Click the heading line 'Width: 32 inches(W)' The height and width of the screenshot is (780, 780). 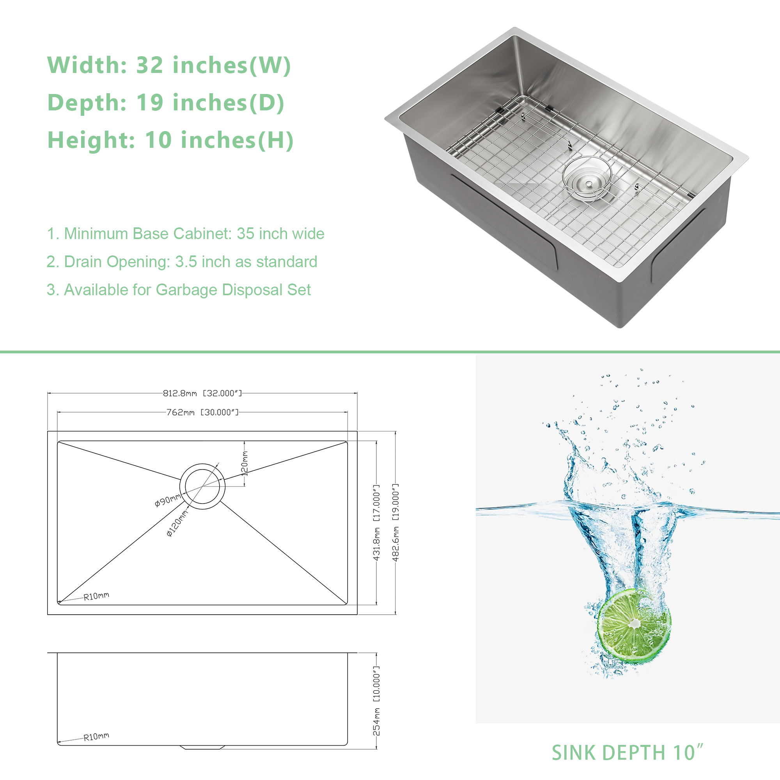pos(169,65)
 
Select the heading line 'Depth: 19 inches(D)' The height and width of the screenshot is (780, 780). pos(166,103)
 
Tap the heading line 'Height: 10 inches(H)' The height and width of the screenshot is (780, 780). pos(170,140)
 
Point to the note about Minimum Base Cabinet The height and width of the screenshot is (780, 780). pos(186,234)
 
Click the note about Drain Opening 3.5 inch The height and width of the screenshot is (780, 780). pos(182,262)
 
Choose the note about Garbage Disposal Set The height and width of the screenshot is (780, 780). pos(179,290)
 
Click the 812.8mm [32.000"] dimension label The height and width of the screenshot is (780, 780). pos(202,393)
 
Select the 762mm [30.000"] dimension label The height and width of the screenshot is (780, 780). pos(202,412)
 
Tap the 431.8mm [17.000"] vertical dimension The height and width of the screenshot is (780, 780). pos(376,523)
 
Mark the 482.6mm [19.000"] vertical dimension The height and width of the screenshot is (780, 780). pos(395,523)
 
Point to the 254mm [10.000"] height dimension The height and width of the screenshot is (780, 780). pos(376,701)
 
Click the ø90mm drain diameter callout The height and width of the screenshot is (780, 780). pos(168,501)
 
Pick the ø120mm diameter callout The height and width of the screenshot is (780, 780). pos(177,523)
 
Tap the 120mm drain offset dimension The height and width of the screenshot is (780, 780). pos(244,463)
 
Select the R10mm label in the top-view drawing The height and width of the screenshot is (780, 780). pos(96,596)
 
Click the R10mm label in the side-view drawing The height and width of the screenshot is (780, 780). pos(96,737)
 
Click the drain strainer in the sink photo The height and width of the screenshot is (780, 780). pos(587,179)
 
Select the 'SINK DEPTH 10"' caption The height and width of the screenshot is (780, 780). pos(628,753)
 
